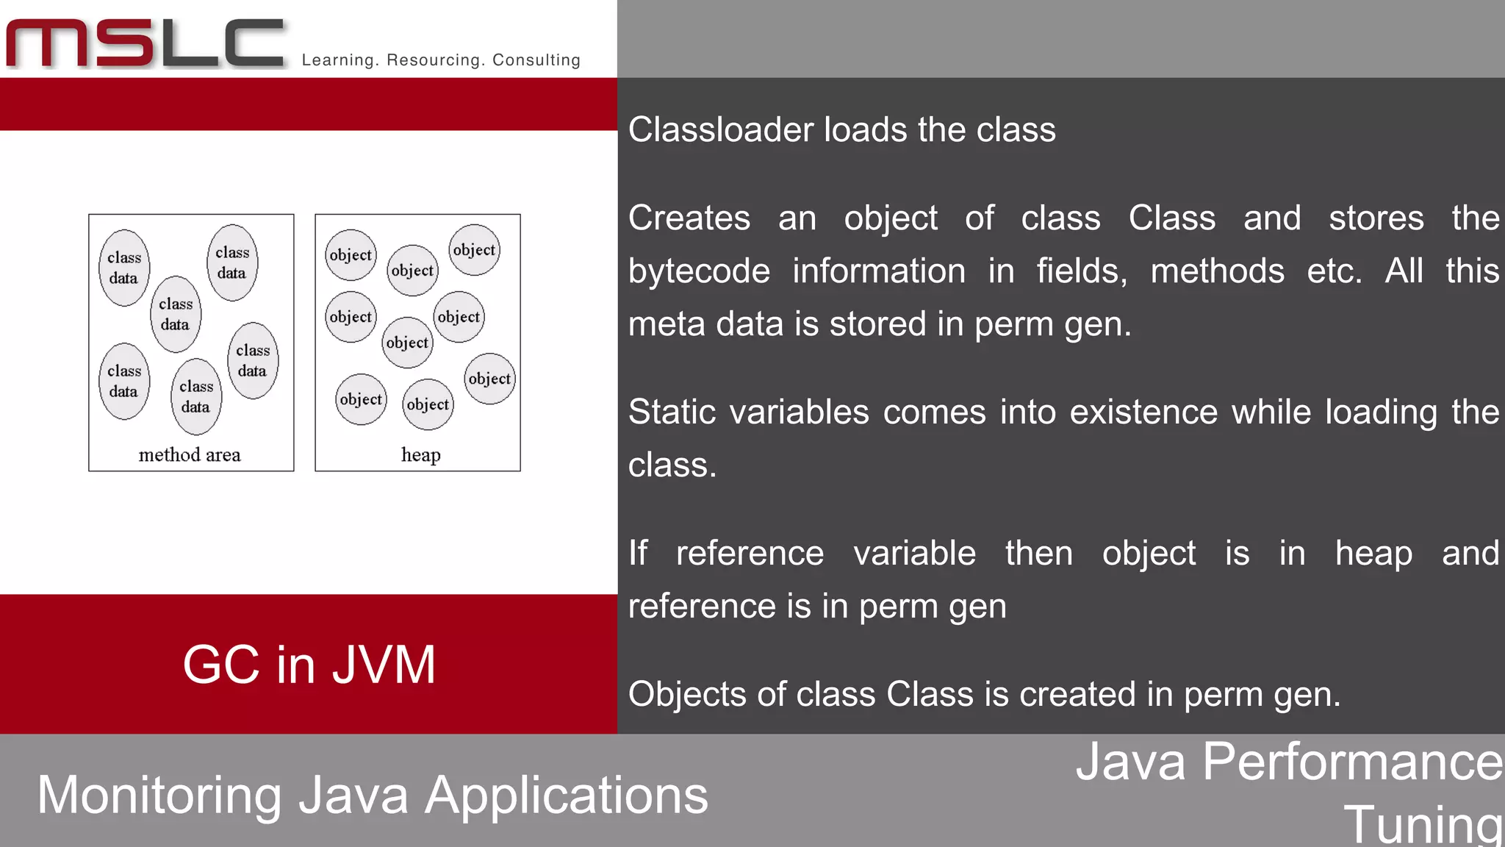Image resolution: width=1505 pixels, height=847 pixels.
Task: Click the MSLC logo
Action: coord(146,44)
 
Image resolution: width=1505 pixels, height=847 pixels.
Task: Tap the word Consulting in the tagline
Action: coord(536,60)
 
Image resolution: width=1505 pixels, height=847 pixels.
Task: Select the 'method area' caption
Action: coord(190,455)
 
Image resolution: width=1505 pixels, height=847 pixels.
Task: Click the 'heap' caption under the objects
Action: coord(420,455)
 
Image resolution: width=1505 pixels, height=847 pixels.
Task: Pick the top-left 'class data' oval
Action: coord(124,268)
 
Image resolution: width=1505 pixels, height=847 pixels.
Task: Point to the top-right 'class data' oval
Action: coord(232,262)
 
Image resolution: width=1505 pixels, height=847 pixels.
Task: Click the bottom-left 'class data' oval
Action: coord(124,381)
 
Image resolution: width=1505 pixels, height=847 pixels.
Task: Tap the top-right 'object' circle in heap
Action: coord(474,250)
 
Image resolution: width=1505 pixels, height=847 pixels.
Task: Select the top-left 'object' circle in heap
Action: coord(351,255)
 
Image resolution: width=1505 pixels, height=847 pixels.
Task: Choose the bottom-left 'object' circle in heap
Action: coord(361,399)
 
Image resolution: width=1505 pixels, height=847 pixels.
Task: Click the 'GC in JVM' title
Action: coord(309,665)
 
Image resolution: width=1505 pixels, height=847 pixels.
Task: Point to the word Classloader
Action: coord(719,130)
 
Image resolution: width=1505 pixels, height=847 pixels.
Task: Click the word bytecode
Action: coord(699,271)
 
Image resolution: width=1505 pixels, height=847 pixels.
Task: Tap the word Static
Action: coord(672,412)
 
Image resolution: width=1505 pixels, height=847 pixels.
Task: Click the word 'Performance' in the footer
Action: coord(1352,762)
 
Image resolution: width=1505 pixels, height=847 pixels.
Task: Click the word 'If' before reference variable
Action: coord(637,553)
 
